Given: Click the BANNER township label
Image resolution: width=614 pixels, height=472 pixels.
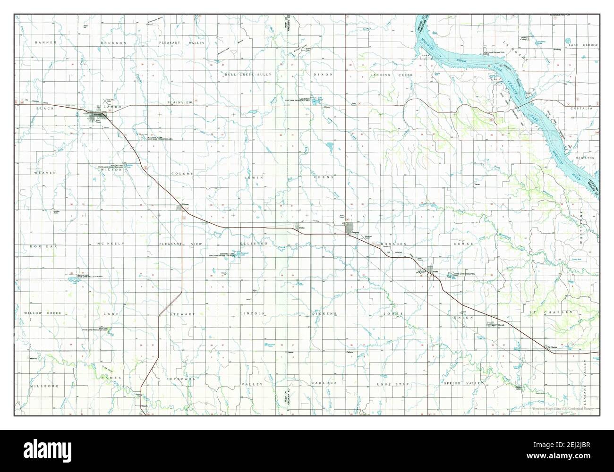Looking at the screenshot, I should point(46,42).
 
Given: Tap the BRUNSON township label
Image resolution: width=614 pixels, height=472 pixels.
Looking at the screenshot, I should point(113,42).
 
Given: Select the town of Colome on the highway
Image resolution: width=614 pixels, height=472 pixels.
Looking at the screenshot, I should point(181,208).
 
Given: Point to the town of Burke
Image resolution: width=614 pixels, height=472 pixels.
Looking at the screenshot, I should point(431,271).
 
